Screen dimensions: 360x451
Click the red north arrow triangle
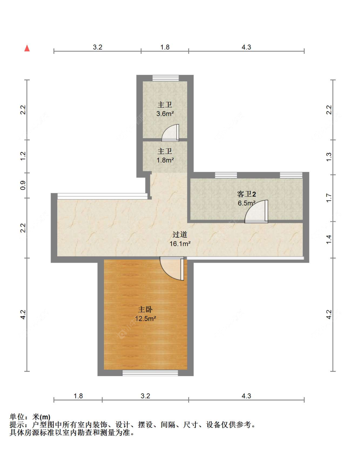[27, 48]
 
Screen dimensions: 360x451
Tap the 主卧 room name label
[145, 309]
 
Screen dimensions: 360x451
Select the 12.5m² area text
[145, 318]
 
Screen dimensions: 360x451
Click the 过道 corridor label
[180, 234]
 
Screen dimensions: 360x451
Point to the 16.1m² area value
[180, 243]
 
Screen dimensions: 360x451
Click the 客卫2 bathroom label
[246, 194]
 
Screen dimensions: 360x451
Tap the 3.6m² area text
[165, 114]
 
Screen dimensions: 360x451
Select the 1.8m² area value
[165, 160]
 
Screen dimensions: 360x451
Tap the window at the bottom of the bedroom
[150, 373]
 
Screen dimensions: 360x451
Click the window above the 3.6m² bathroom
[166, 78]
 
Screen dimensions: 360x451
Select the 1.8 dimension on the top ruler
[165, 47]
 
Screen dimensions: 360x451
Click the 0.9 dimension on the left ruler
[23, 185]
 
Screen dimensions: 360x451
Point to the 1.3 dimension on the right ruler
[329, 157]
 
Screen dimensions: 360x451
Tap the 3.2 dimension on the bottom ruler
[145, 396]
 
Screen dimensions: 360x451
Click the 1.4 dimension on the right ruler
[329, 240]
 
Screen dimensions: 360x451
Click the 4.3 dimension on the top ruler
[246, 47]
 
